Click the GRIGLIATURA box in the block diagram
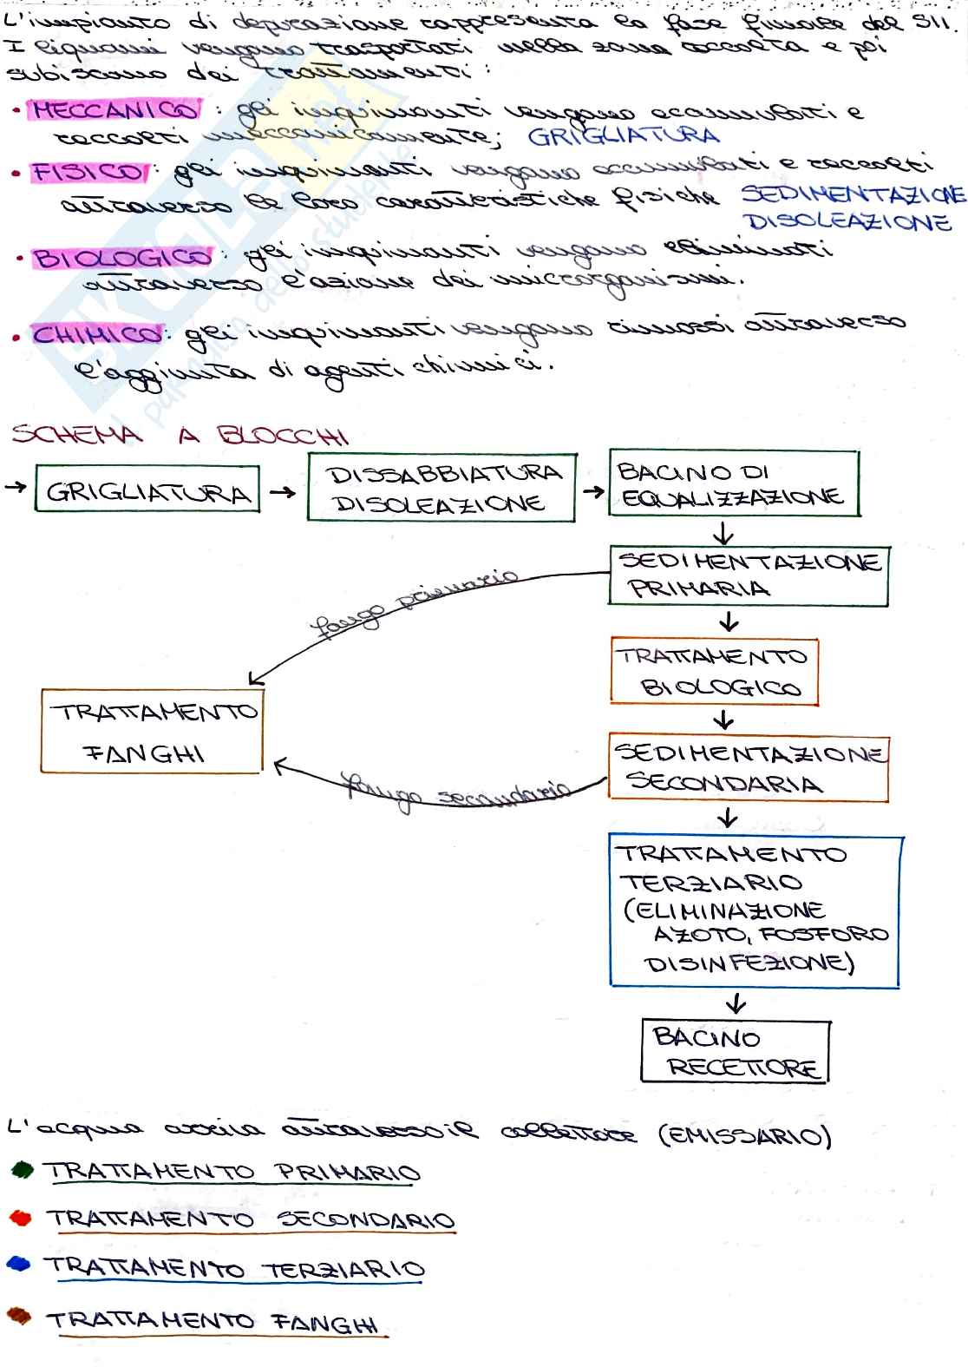tap(147, 491)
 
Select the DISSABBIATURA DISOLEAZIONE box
tap(441, 487)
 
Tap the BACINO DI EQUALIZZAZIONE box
tap(733, 484)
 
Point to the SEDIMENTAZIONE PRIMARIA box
tap(749, 575)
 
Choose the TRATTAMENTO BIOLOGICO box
tap(714, 672)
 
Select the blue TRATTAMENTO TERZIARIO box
tap(755, 911)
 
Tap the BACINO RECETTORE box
tap(736, 1051)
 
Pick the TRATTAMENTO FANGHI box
tap(151, 731)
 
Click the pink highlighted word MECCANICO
tap(114, 111)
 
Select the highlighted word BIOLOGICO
tap(122, 258)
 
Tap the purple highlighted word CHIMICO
tap(98, 334)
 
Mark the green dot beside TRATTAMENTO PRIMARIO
tap(22, 1171)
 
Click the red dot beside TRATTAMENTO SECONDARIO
tap(21, 1218)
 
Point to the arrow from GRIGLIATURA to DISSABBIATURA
tap(282, 492)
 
